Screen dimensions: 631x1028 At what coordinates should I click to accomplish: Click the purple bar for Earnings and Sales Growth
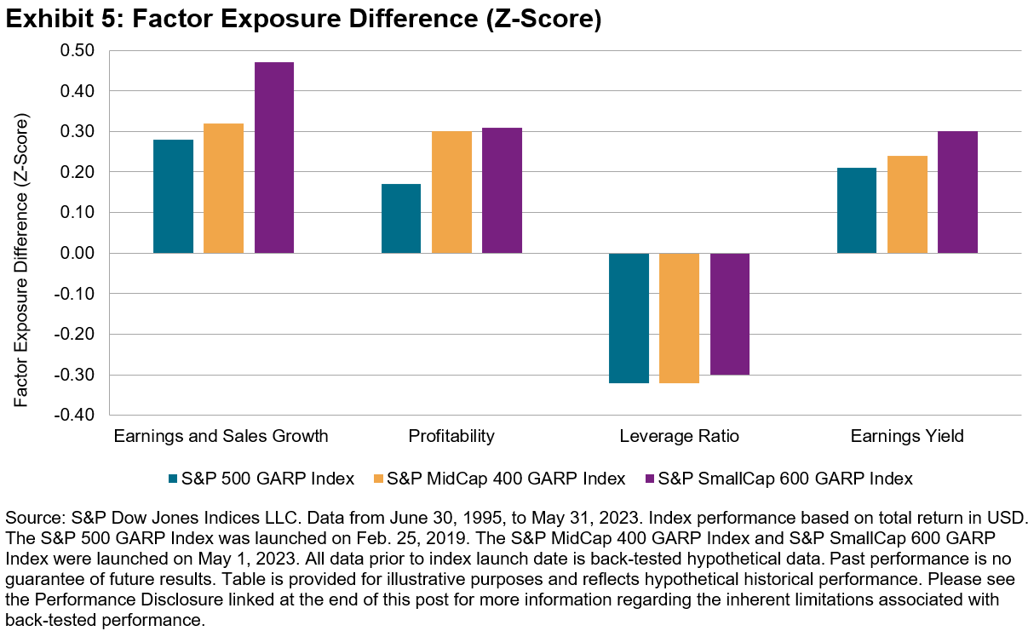(x=273, y=158)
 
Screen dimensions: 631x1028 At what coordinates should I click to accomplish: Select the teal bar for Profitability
(x=401, y=219)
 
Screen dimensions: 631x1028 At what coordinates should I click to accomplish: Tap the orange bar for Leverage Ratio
(x=679, y=318)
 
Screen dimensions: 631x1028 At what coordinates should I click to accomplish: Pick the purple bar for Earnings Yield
(x=957, y=192)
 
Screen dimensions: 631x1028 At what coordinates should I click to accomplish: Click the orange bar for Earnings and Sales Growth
(x=223, y=188)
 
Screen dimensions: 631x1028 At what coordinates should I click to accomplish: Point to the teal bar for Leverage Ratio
(x=629, y=318)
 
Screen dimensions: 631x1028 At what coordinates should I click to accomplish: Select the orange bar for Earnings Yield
(x=907, y=204)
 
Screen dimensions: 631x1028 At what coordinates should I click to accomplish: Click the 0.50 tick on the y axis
(x=78, y=50)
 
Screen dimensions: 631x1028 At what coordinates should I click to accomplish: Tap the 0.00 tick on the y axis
(x=78, y=254)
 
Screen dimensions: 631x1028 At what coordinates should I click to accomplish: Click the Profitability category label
(x=451, y=437)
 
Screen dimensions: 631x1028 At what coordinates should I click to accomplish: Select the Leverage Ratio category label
(x=679, y=437)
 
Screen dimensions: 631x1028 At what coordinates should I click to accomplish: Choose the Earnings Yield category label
(x=907, y=437)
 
